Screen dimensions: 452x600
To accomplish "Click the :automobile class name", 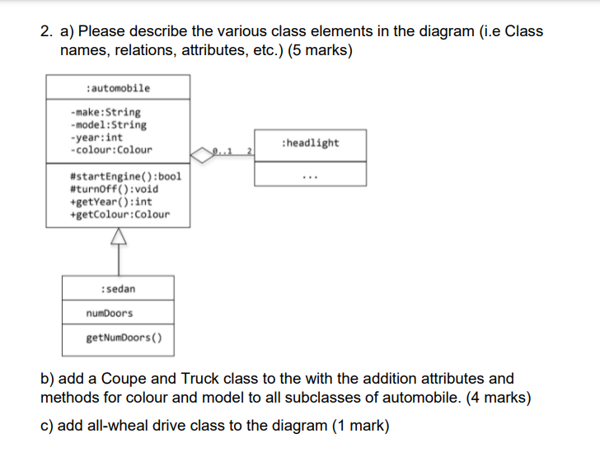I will point(118,88).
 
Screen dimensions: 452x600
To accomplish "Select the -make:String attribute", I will point(105,112).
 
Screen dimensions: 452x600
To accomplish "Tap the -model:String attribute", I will point(109,125).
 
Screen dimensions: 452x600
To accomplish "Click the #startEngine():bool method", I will point(127,176).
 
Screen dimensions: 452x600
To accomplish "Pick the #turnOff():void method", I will point(115,189).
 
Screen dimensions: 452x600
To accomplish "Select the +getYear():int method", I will point(112,202).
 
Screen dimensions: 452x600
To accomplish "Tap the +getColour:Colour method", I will point(121,214).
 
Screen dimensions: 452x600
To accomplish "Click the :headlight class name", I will point(310,143).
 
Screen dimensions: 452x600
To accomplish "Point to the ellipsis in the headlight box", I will point(310,175).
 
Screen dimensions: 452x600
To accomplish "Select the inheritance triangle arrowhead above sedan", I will point(118,236).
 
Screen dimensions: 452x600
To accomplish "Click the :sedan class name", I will point(118,289).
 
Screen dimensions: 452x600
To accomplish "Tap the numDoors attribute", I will point(109,313).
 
